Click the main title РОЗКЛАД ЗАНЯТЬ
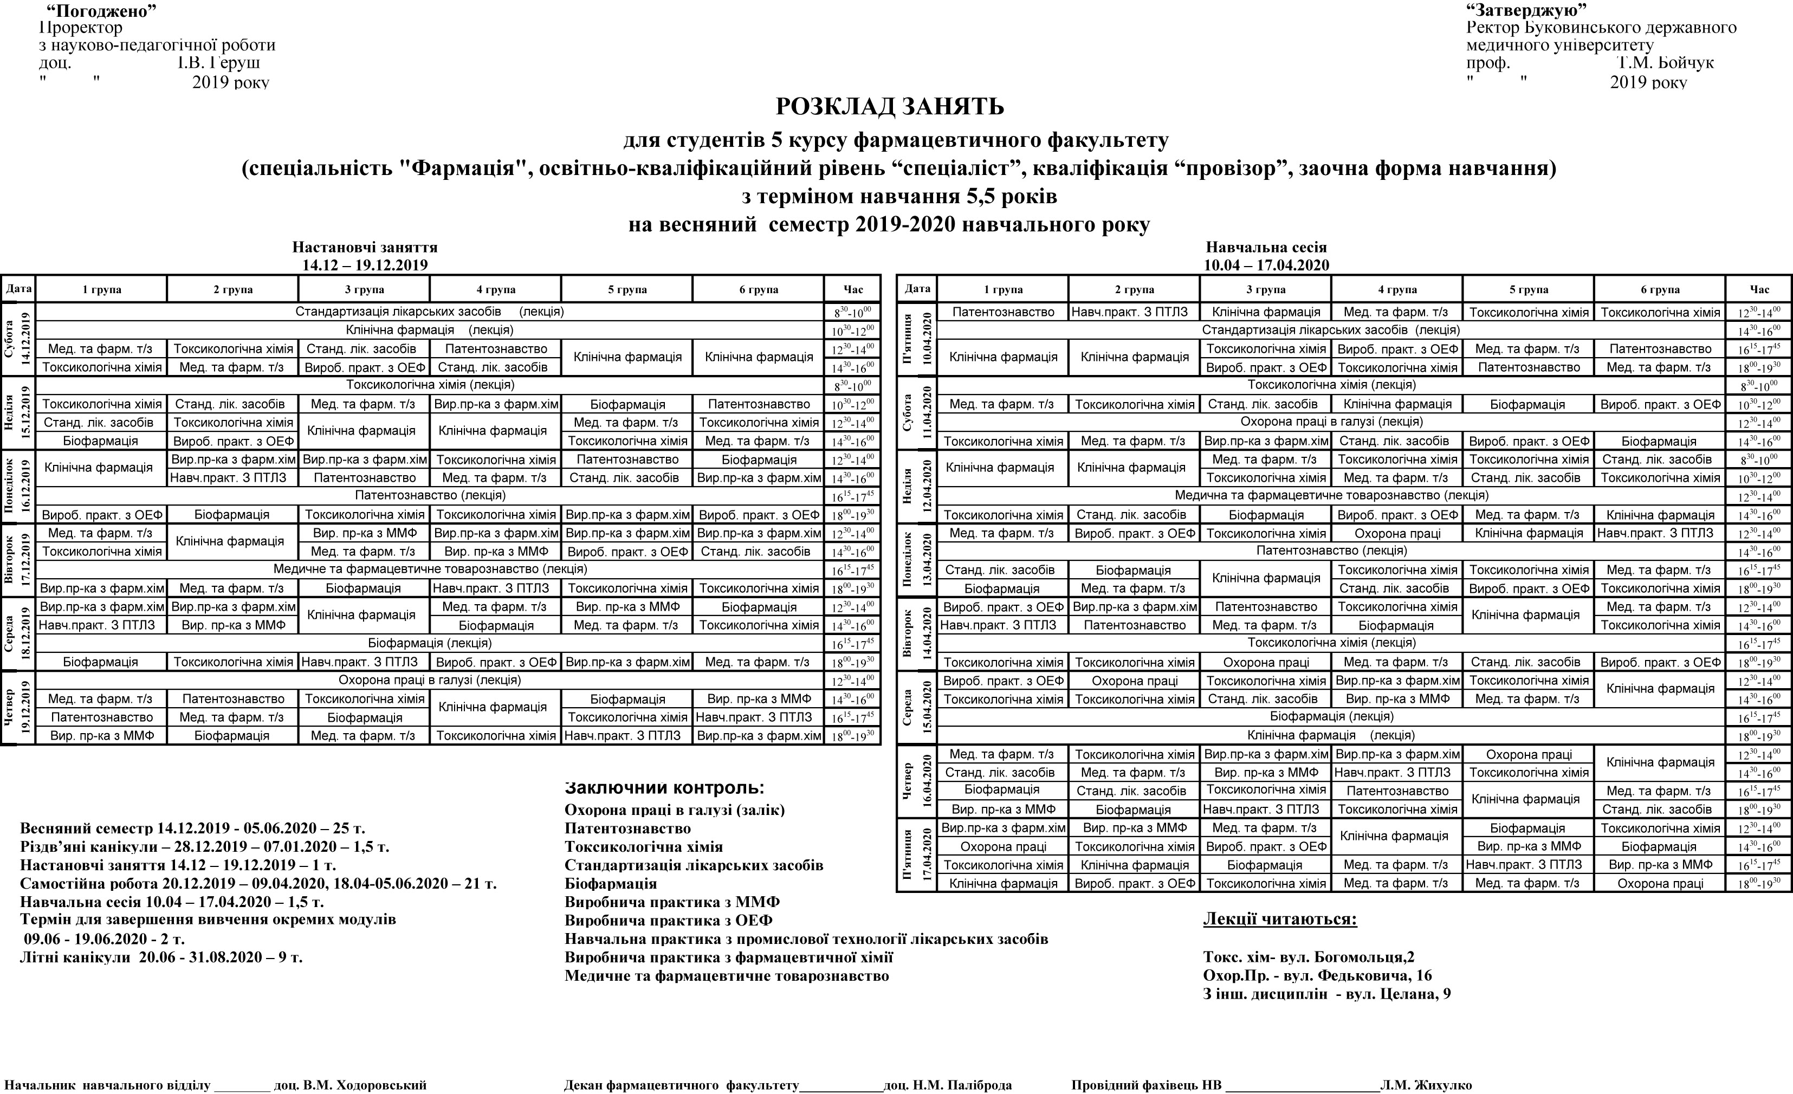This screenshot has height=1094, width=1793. [889, 107]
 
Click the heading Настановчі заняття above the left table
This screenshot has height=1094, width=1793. [365, 248]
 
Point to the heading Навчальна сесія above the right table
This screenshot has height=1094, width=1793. [1266, 248]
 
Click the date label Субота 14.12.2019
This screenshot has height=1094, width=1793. [18, 339]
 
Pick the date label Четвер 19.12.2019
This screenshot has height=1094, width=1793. [18, 708]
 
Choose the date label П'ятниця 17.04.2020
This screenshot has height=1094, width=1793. [917, 855]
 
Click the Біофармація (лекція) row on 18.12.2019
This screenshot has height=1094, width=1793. [429, 643]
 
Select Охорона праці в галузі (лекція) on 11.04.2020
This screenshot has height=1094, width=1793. [1332, 422]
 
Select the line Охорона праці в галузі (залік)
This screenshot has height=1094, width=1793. [675, 810]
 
